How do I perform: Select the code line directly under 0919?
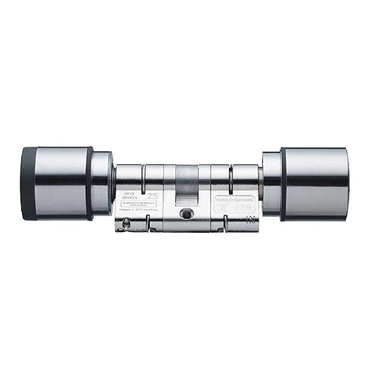(126, 198)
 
